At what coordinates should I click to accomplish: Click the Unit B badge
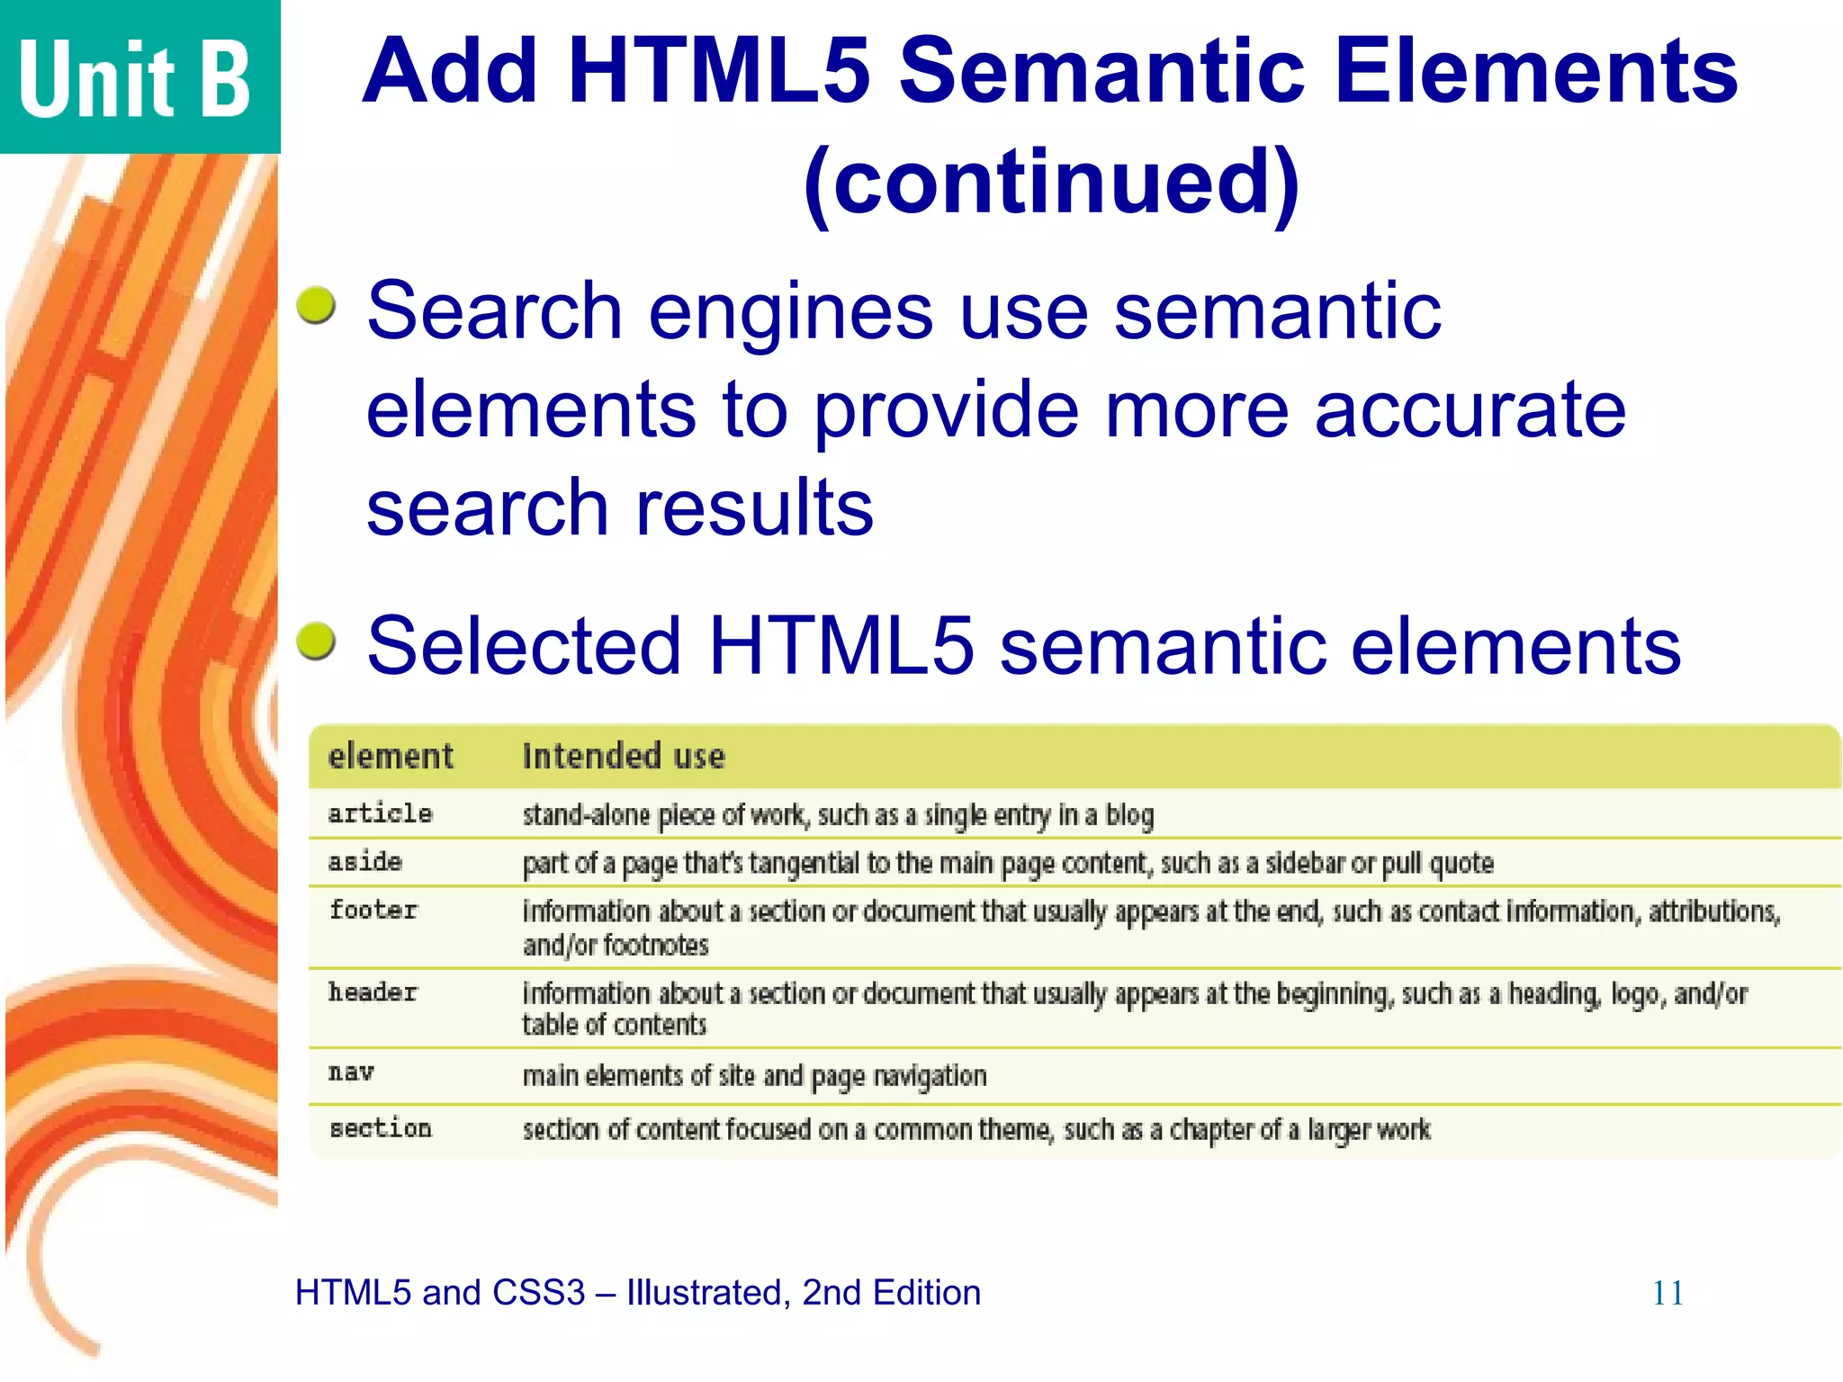click(x=135, y=78)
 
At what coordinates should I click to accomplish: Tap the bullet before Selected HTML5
click(x=317, y=642)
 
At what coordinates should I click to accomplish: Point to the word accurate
click(x=1470, y=409)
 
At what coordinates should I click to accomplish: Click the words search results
click(x=620, y=508)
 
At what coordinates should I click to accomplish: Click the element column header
click(x=391, y=757)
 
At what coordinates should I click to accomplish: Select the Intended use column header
click(x=624, y=757)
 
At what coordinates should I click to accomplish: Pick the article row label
click(x=380, y=813)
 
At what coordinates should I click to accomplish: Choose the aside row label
click(x=364, y=862)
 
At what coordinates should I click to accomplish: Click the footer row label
click(x=373, y=911)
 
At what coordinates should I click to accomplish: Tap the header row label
click(x=373, y=992)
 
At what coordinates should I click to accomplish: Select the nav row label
click(x=351, y=1072)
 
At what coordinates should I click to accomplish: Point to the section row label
click(x=381, y=1128)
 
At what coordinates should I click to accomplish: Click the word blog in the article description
click(x=1129, y=815)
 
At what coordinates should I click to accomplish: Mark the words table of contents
click(x=615, y=1025)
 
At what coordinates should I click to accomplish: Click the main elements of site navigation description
click(x=754, y=1076)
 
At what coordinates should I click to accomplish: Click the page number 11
click(x=1668, y=1294)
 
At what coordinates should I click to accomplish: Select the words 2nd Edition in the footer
click(x=891, y=1293)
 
